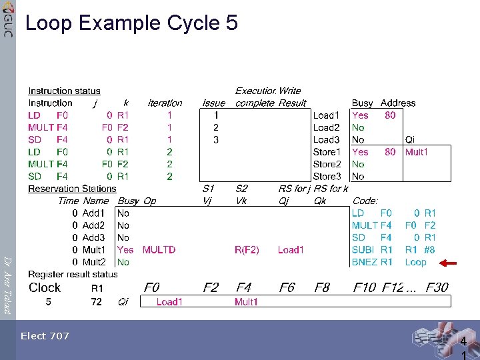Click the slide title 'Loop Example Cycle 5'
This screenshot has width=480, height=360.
pos(131,23)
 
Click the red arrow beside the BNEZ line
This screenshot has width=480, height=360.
pos(448,263)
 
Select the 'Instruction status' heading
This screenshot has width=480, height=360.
pos(64,91)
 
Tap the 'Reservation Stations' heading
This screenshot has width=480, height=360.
pos(72,189)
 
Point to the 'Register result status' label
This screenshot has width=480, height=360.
pos(73,274)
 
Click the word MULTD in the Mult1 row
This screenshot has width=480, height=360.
pos(159,250)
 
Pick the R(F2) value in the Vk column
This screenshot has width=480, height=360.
pos(247,250)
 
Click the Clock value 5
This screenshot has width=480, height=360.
pos(48,302)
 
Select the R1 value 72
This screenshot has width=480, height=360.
pos(97,302)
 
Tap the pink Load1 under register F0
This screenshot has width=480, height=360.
pos(169,302)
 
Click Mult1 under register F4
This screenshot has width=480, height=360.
pos(246,302)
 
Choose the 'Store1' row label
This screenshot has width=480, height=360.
pos(327,152)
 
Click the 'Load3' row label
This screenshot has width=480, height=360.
pos(326,140)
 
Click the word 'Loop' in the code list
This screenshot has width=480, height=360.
pos(415,262)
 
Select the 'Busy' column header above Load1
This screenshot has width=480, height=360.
pos(362,103)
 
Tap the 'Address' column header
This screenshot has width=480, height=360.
pos(398,103)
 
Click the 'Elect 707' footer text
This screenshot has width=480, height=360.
pos(45,336)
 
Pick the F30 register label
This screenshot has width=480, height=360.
pos(437,287)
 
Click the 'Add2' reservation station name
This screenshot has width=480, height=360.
pos(93,225)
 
